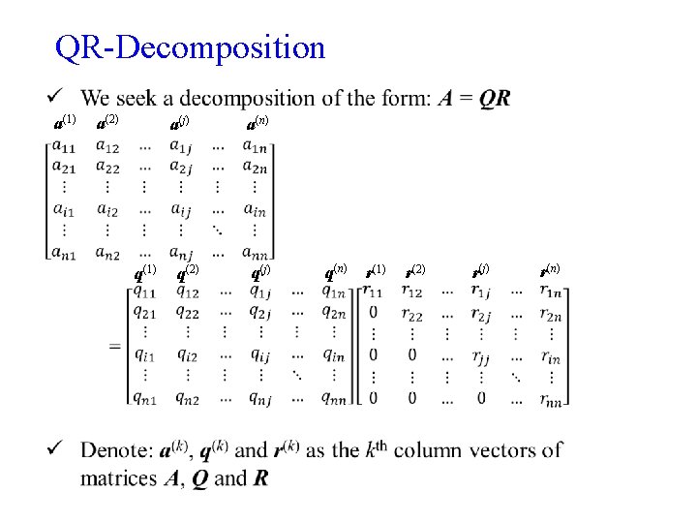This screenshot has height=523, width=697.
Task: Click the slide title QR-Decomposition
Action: coord(191,46)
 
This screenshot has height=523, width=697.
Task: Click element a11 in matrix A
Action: coord(65,146)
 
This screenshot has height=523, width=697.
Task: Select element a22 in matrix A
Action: coord(106,167)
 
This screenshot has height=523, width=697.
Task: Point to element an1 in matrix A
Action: coord(65,254)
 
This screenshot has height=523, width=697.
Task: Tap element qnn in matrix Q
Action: coord(333,397)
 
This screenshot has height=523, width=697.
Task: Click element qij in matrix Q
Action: coord(259,354)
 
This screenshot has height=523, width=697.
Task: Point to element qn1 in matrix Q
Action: coord(145,397)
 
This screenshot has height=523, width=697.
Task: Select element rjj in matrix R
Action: coord(481,355)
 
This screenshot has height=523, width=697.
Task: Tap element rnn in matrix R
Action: coord(551,397)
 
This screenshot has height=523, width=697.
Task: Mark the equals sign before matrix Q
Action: coord(115,346)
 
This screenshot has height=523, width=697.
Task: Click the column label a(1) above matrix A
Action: coord(64,122)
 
